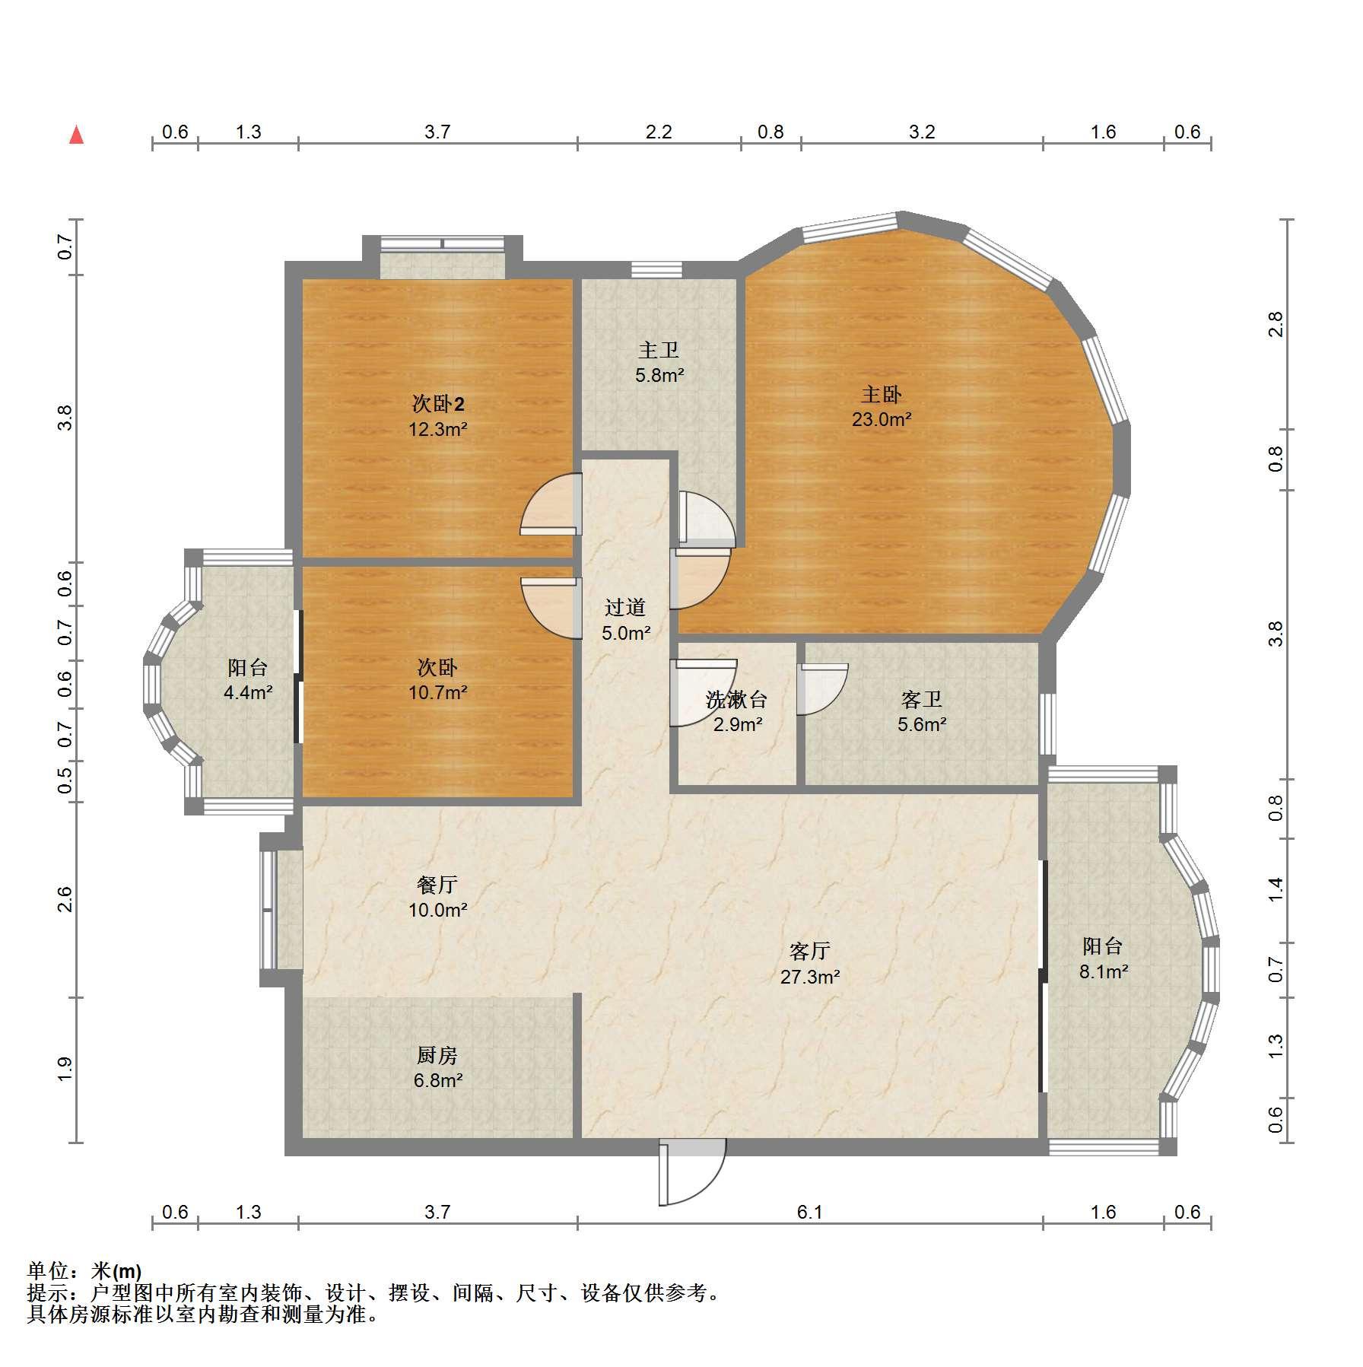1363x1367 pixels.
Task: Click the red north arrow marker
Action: point(76,135)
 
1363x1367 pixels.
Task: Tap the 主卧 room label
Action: point(881,394)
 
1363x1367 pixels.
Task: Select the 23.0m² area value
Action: point(882,419)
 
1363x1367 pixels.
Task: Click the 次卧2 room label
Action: point(437,404)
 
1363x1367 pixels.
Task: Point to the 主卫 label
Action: point(659,350)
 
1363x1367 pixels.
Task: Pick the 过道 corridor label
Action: point(625,607)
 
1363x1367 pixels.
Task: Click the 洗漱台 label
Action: point(736,699)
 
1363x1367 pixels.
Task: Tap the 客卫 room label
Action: point(922,699)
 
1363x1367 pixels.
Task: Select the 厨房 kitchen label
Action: point(437,1055)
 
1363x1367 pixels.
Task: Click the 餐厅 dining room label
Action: point(437,885)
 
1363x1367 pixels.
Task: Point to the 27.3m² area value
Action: point(810,976)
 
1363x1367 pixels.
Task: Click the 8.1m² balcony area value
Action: point(1104,971)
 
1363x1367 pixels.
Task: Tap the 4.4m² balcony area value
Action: point(248,693)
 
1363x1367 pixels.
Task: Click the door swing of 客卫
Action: point(821,689)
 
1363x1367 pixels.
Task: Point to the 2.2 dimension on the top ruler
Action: point(659,132)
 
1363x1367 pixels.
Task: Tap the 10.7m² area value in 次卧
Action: point(437,693)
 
